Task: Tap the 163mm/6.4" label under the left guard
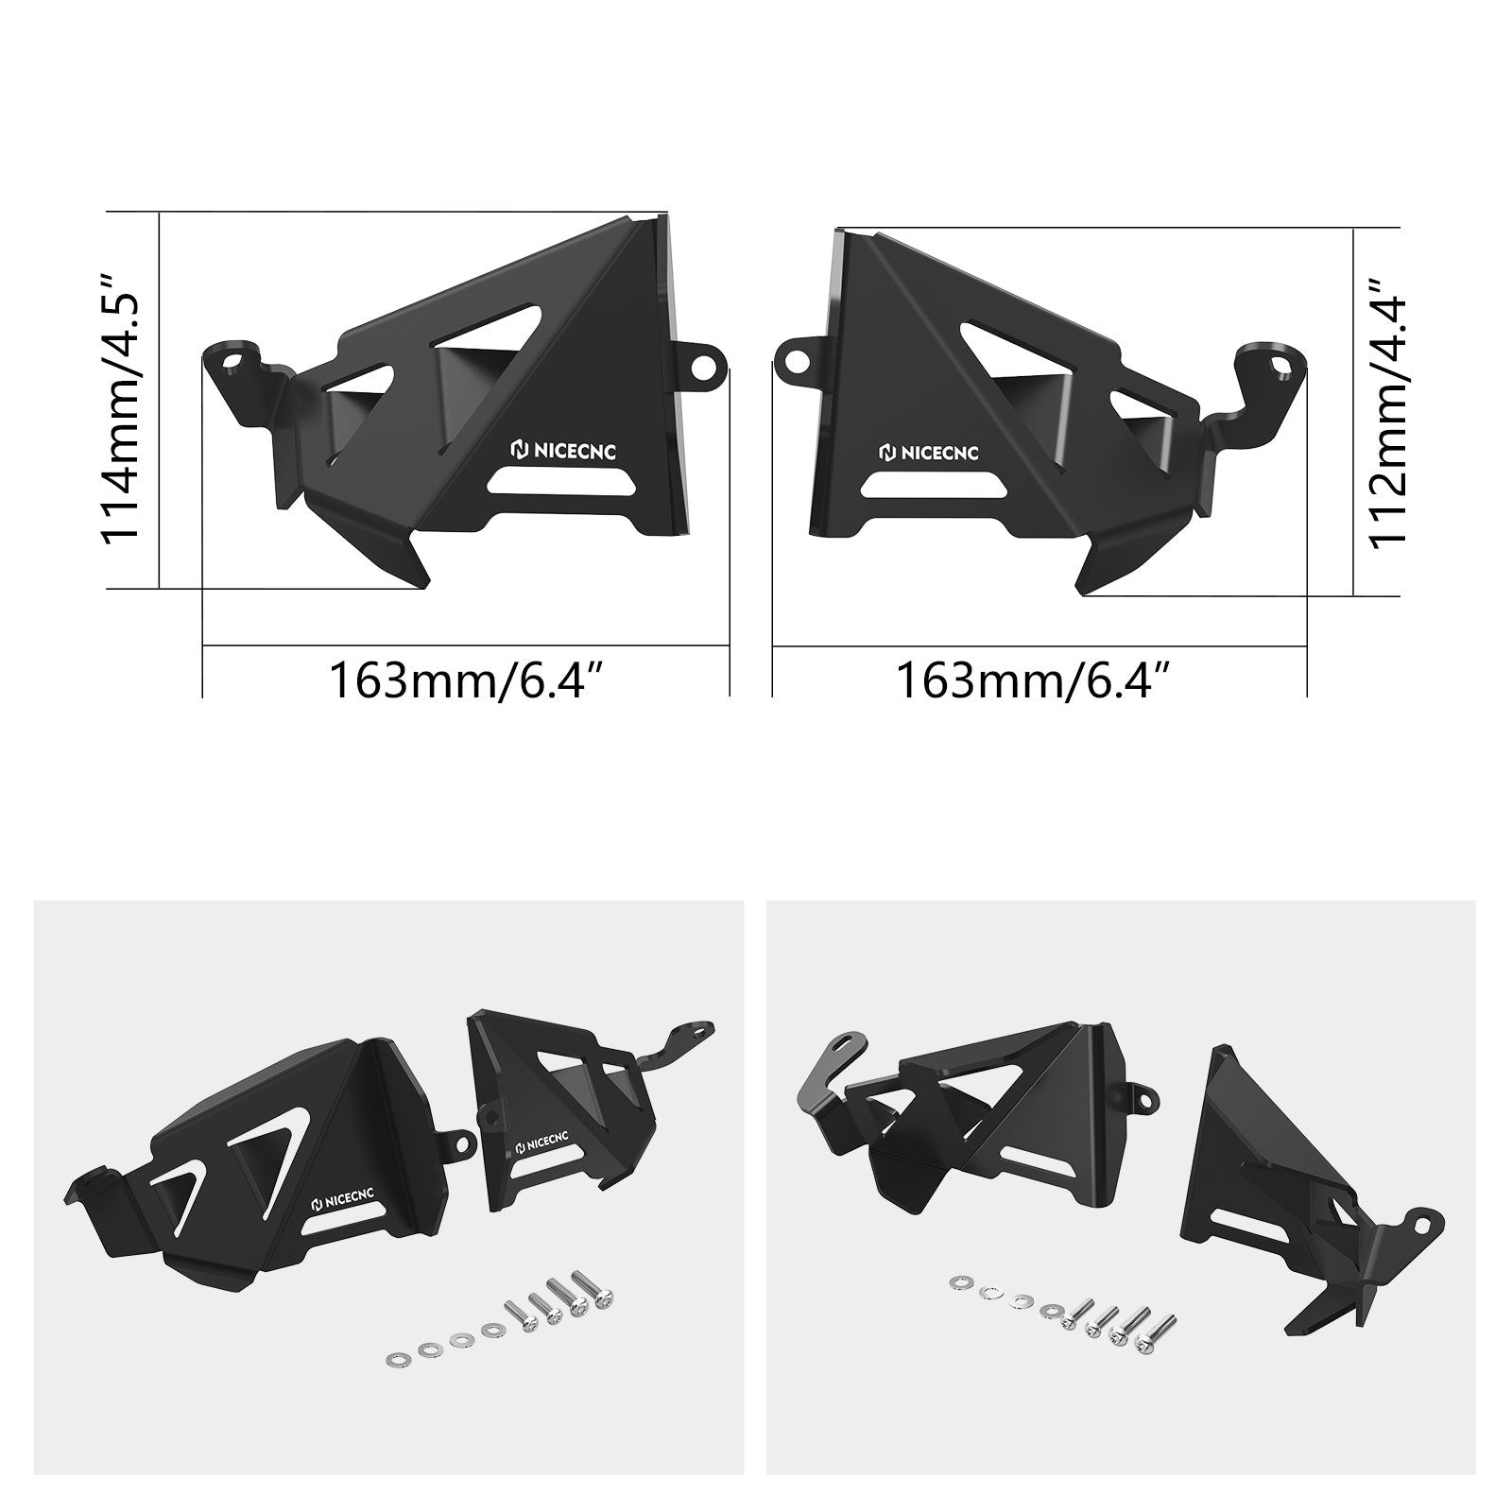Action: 466,679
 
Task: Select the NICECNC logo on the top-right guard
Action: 929,453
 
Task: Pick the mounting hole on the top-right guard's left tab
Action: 796,359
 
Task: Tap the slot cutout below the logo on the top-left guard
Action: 559,483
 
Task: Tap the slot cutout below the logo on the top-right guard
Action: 931,487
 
